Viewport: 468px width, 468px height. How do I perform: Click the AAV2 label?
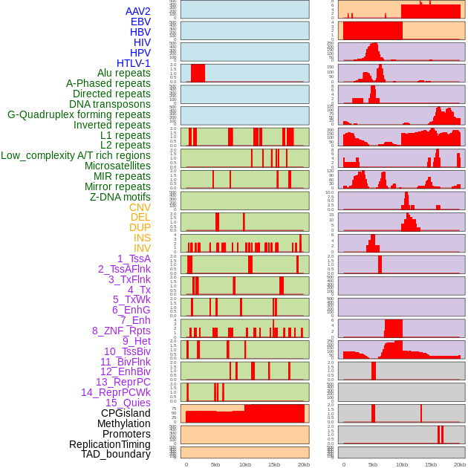pyautogui.click(x=138, y=11)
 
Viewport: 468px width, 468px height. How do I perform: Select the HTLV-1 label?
pyautogui.click(x=134, y=63)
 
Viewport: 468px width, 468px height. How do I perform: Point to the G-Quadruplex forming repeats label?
pyautogui.click(x=79, y=114)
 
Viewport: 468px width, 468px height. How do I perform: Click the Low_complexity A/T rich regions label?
pyautogui.click(x=76, y=155)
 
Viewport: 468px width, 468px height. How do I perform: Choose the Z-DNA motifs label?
pyautogui.click(x=120, y=197)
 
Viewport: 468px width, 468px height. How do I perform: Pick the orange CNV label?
pyautogui.click(x=140, y=207)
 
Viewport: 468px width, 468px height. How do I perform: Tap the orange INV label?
pyautogui.click(x=142, y=248)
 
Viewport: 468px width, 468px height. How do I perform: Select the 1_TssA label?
pyautogui.click(x=134, y=259)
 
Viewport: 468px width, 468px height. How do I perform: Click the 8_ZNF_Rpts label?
pyautogui.click(x=121, y=331)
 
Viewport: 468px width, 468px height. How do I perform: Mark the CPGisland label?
pyautogui.click(x=126, y=413)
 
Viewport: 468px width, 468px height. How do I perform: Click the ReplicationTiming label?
pyautogui.click(x=109, y=444)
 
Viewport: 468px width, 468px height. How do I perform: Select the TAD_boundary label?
pyautogui.click(x=116, y=454)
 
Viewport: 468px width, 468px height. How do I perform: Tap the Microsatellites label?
pyautogui.click(x=117, y=166)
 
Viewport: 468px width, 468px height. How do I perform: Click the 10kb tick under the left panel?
pyautogui.click(x=244, y=464)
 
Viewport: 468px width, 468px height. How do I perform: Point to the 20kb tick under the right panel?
pyautogui.click(x=460, y=464)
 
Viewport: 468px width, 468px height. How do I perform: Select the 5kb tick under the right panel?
pyautogui.click(x=372, y=464)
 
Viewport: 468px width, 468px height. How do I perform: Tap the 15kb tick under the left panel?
pyautogui.click(x=274, y=464)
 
